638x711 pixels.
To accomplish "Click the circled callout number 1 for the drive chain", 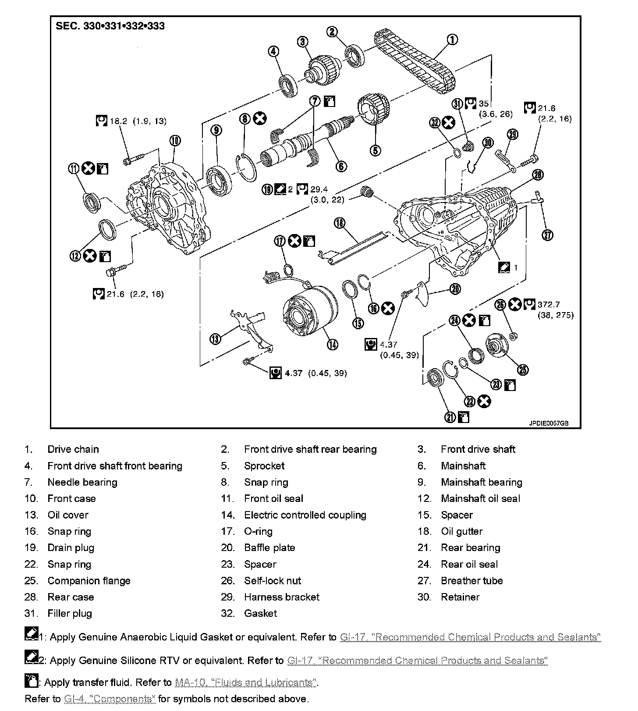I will tap(452, 40).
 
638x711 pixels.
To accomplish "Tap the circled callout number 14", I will tap(332, 345).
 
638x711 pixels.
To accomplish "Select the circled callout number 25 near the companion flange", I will tap(523, 370).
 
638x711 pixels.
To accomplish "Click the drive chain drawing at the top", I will tap(414, 61).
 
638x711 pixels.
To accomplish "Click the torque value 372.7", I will tap(549, 305).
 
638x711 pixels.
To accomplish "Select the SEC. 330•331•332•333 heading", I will tap(110, 26).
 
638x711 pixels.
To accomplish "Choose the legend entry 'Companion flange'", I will tap(89, 581).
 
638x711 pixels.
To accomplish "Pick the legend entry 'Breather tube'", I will tap(471, 581).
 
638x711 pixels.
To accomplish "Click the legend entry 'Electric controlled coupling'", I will tap(305, 515).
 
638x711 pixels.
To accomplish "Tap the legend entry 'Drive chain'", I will tap(73, 449).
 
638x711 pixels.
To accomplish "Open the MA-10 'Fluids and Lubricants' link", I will tap(245, 683).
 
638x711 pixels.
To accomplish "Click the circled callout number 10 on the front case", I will tap(174, 141).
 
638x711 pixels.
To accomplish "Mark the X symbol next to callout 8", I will tap(260, 118).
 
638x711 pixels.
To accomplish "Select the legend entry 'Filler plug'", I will tap(70, 613).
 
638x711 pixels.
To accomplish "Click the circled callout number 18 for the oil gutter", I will tap(339, 223).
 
